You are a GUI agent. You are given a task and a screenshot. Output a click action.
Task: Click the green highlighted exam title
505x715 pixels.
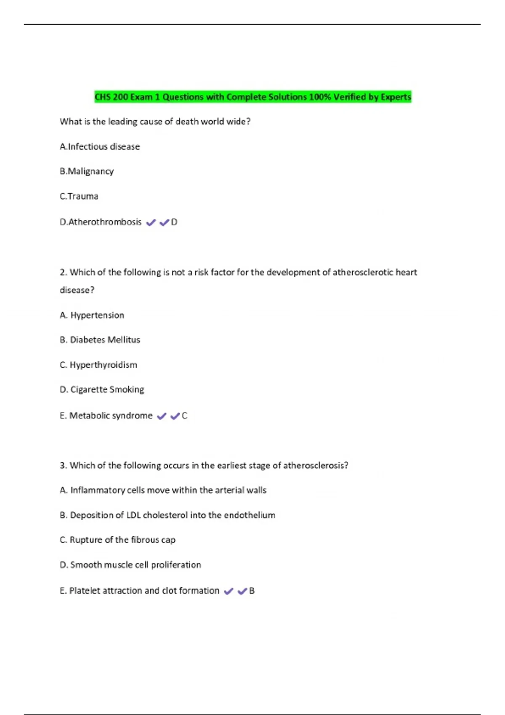pos(252,97)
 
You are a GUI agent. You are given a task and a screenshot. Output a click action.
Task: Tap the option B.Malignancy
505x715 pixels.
pos(87,172)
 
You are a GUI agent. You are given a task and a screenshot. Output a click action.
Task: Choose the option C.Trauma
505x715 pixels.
pos(79,196)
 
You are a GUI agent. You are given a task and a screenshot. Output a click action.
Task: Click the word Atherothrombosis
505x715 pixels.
pos(105,222)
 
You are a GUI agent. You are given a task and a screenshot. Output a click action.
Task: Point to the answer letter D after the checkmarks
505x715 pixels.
pos(174,222)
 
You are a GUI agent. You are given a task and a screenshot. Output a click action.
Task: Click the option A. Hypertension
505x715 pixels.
pos(92,315)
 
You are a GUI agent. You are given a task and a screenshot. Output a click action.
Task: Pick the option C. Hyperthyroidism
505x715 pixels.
pos(98,365)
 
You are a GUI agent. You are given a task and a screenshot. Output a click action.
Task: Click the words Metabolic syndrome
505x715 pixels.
pos(111,416)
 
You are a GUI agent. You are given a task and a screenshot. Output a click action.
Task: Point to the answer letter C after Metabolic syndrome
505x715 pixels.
pos(184,416)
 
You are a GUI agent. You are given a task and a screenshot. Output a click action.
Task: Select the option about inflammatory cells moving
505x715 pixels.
pos(163,490)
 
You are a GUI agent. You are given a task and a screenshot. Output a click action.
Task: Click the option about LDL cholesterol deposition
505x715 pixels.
pos(167,515)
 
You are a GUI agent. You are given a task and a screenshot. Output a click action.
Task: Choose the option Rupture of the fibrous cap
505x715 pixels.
pos(118,540)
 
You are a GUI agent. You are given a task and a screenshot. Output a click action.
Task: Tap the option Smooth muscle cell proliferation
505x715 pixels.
pos(130,565)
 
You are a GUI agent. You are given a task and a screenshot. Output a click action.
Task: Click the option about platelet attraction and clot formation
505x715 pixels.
pos(140,591)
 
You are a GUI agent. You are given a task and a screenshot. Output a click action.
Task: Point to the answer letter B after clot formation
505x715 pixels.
pos(252,591)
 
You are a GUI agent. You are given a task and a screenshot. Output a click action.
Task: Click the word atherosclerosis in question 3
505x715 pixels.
pos(315,466)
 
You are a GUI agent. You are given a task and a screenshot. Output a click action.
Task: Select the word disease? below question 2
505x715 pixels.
pos(77,290)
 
